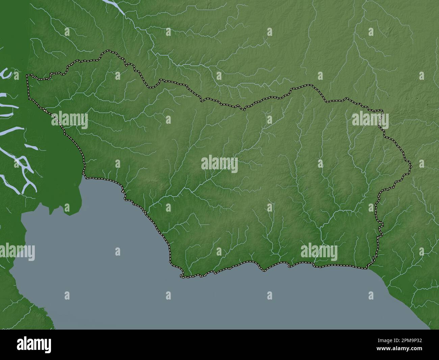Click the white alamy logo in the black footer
[34, 344]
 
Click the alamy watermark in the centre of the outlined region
[219, 164]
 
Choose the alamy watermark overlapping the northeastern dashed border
[370, 120]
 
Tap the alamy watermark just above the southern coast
[319, 252]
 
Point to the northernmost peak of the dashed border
[108, 51]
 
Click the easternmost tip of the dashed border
[411, 166]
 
